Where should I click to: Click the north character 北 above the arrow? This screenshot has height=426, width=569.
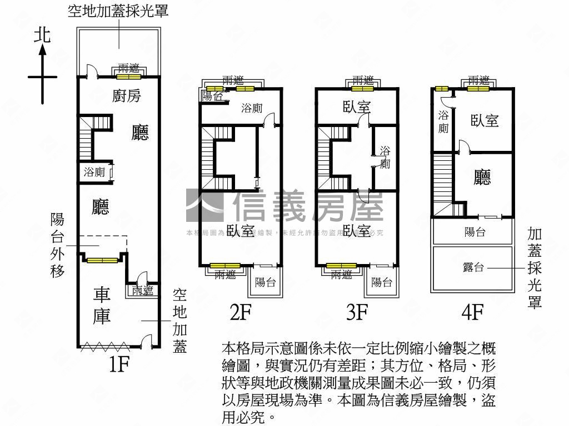42,34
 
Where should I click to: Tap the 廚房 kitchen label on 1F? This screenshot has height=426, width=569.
127,96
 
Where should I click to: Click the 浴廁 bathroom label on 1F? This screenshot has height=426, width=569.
94,172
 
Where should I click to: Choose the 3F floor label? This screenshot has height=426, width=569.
357,313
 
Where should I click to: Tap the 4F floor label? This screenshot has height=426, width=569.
473,313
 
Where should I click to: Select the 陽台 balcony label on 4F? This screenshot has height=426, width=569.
475,232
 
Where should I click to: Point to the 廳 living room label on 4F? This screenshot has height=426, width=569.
482,177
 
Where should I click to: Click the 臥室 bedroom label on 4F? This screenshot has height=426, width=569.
485,120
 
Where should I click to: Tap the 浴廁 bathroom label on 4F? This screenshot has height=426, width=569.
443,122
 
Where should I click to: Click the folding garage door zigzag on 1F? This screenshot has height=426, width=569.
105,347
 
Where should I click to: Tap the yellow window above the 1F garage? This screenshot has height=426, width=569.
102,260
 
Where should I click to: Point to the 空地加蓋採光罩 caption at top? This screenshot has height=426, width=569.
118,11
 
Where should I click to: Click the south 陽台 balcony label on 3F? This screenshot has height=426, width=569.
382,282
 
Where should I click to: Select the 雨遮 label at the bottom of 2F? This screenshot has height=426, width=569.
226,274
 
